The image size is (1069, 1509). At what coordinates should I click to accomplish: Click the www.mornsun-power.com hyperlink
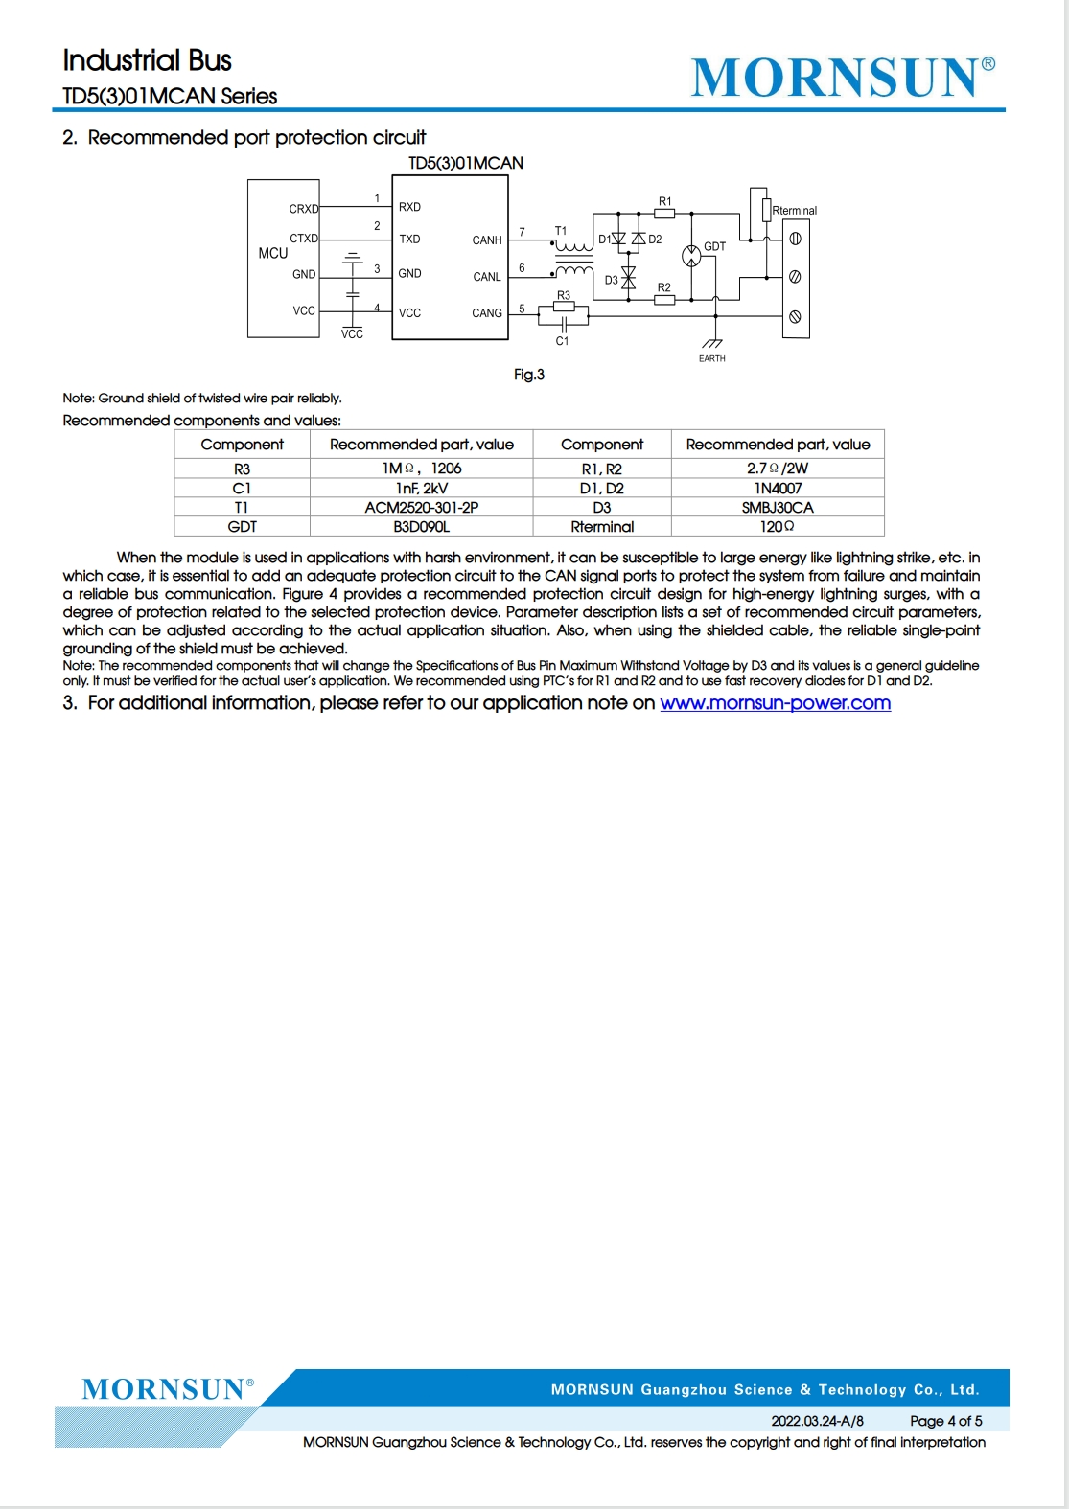(x=775, y=703)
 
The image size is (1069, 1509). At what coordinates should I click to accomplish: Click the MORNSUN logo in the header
(x=843, y=78)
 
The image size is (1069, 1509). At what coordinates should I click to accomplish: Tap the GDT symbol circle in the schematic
(x=691, y=256)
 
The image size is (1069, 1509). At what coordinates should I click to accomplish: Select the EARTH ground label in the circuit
(x=711, y=358)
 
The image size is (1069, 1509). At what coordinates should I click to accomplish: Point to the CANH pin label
(x=487, y=240)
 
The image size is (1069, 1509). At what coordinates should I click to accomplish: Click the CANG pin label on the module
(x=487, y=313)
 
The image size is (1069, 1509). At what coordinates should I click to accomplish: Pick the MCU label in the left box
(x=272, y=253)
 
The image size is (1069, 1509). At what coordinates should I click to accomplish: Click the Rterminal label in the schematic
(x=795, y=211)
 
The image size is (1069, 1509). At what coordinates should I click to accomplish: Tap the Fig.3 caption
(x=528, y=375)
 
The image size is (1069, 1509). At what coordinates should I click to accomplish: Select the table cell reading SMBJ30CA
(x=777, y=508)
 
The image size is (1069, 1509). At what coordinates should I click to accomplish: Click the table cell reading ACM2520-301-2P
(x=421, y=508)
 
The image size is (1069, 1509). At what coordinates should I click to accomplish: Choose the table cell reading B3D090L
(x=421, y=527)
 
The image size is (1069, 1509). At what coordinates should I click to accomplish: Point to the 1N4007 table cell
(x=777, y=489)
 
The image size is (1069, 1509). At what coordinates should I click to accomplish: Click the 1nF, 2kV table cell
(x=421, y=489)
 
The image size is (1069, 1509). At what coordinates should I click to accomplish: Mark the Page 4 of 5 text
(x=945, y=1421)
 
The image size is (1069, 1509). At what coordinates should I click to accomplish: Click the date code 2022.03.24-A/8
(x=817, y=1421)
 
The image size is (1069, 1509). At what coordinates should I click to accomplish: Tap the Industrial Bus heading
(x=147, y=60)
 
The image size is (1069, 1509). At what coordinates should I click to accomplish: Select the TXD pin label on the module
(x=409, y=240)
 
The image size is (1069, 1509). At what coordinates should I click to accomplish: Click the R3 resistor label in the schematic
(x=564, y=295)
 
